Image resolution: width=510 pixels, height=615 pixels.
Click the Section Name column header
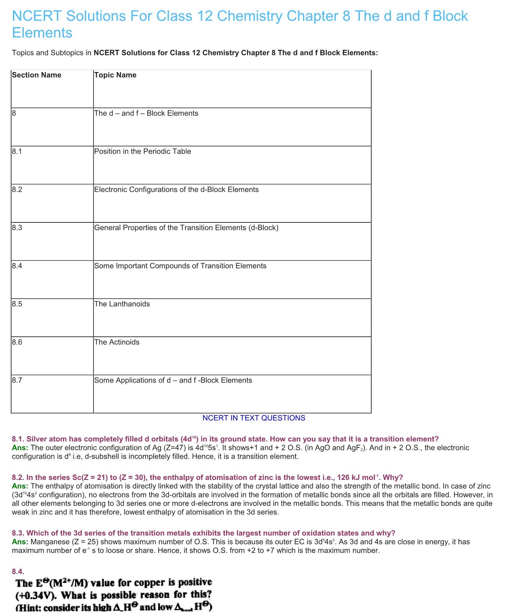pyautogui.click(x=37, y=75)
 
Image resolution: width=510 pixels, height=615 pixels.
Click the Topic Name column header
pyautogui.click(x=115, y=75)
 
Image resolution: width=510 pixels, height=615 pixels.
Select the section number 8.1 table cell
pyautogui.click(x=17, y=151)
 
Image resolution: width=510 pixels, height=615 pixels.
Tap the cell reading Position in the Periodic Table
pyautogui.click(x=142, y=151)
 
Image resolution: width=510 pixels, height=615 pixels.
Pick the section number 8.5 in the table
pyautogui.click(x=17, y=304)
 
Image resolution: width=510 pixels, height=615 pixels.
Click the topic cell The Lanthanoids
pyautogui.click(x=122, y=304)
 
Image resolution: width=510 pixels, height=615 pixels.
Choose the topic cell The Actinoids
pyautogui.click(x=117, y=342)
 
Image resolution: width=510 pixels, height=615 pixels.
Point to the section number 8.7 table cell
pyautogui.click(x=17, y=380)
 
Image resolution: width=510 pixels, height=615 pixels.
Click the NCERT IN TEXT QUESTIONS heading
pyautogui.click(x=254, y=418)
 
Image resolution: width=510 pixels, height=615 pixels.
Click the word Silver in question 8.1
pyautogui.click(x=37, y=439)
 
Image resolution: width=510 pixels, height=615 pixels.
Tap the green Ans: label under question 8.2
pyautogui.click(x=20, y=486)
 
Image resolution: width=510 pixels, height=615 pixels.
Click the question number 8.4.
pyautogui.click(x=18, y=572)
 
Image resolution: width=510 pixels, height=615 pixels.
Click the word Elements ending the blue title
pyautogui.click(x=42, y=33)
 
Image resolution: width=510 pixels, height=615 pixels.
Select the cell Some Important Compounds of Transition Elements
pyautogui.click(x=180, y=266)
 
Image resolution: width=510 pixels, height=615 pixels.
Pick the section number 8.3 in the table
pyautogui.click(x=17, y=228)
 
